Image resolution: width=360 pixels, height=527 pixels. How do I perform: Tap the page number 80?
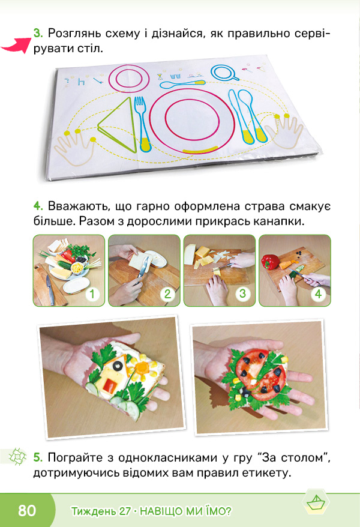coord(27,510)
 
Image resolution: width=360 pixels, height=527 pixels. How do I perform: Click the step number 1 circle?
coord(92,294)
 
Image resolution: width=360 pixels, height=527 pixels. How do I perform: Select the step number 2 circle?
coord(167,294)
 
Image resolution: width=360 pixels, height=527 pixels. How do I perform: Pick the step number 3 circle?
coord(242,294)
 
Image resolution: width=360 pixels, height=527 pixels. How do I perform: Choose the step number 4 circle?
coord(317,294)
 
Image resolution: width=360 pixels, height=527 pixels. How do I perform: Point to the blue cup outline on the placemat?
coord(224,73)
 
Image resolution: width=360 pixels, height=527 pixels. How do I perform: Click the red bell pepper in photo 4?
coord(271,262)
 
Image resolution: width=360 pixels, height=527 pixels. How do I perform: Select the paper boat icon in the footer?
coord(316,503)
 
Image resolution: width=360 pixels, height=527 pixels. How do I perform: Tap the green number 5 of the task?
coord(38,457)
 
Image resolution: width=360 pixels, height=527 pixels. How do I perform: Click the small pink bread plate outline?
coord(128,78)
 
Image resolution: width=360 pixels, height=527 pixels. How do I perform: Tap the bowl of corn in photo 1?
coord(77,268)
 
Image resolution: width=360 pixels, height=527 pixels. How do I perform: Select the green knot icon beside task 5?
coord(17,457)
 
